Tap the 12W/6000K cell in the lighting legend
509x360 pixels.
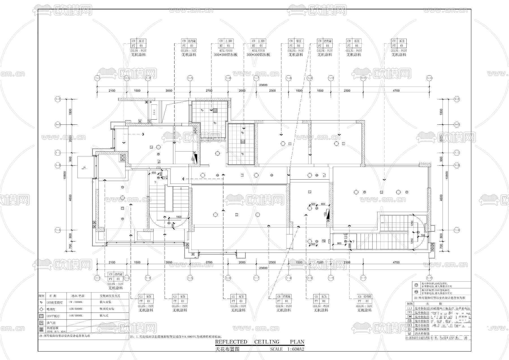coord(76,309)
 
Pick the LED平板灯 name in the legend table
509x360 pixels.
coord(54,316)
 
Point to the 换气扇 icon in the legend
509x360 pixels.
coord(41,323)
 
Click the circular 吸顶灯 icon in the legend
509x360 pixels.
coord(41,309)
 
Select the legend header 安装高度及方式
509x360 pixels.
coord(110,296)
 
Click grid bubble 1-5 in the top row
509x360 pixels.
coord(190,78)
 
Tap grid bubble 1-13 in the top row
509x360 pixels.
coord(429,78)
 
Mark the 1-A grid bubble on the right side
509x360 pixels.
coord(456,230)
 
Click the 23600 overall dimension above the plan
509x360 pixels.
coord(263,85)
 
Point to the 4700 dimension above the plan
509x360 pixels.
coord(396,91)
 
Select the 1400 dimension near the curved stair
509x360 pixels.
coord(179,217)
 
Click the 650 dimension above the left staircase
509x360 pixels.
coord(154,173)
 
